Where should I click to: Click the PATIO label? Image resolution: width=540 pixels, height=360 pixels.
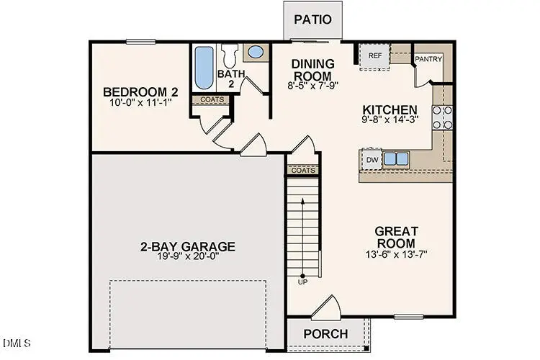pos(312,19)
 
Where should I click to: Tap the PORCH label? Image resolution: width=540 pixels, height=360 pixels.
pos(325,334)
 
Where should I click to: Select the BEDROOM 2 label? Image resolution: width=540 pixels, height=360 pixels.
pos(140,92)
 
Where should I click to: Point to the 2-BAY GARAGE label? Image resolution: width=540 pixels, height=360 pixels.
pos(188,246)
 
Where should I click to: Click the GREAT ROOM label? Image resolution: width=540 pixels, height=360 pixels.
pos(396,237)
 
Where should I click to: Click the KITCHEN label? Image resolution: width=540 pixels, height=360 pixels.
pos(391,107)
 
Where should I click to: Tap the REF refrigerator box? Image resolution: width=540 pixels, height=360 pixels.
pos(374,55)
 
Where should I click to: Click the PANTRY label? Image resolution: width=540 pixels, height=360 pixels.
pos(428,59)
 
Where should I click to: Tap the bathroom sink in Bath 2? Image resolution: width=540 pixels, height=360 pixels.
pos(254,53)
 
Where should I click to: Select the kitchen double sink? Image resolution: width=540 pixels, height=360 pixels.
pos(395,158)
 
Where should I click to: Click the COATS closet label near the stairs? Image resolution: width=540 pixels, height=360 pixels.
pos(303,171)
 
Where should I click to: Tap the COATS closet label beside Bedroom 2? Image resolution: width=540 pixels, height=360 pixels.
pos(211,100)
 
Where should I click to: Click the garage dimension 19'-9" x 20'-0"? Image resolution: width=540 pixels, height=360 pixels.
pos(188,256)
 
